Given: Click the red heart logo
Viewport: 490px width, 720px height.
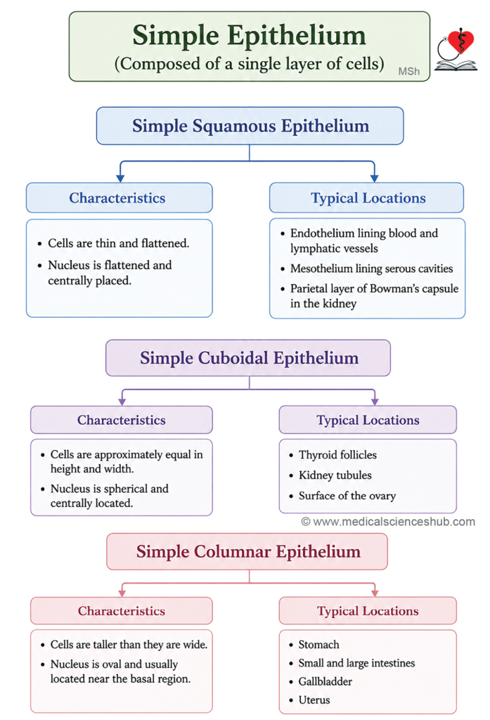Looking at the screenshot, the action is click(460, 41).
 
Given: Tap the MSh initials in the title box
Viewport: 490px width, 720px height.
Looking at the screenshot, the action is click(408, 71).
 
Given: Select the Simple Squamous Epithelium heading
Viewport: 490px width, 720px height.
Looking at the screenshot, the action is click(250, 126).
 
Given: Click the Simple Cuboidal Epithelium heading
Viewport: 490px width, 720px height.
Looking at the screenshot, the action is click(249, 358).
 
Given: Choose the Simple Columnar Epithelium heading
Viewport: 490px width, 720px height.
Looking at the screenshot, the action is click(248, 551).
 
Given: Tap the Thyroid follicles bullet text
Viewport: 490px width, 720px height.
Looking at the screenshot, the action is click(337, 455).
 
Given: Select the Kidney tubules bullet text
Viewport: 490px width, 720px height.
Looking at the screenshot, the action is click(335, 475).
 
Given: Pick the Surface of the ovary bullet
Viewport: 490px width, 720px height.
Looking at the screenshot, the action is click(347, 496).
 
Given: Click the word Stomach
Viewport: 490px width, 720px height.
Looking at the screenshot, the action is click(318, 645).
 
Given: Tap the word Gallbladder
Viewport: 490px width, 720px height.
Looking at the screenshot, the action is click(325, 681).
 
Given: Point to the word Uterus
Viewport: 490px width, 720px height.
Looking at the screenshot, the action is click(314, 700).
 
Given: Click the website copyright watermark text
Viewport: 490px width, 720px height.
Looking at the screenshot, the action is click(388, 522).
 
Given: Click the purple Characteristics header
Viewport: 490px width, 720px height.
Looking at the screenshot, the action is click(122, 420).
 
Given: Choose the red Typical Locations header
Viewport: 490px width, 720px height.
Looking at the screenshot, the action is click(368, 611).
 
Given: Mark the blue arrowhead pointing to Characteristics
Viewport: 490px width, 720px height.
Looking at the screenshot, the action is click(120, 178).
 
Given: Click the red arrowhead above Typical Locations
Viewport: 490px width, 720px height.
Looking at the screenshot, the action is click(375, 592).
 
